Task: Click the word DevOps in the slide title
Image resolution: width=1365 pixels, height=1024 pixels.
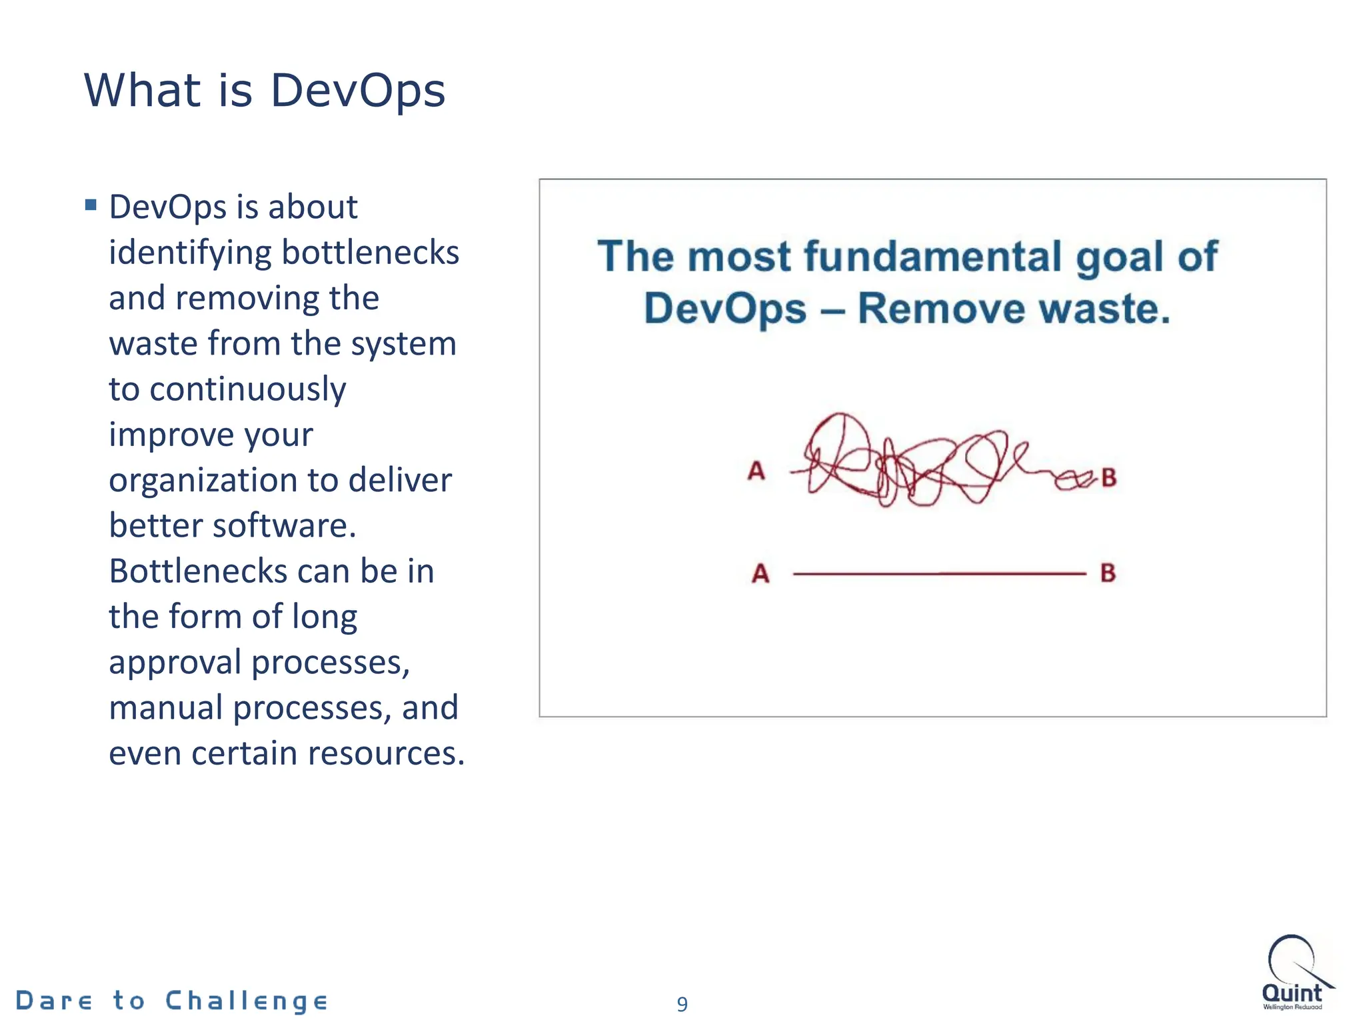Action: pos(357,91)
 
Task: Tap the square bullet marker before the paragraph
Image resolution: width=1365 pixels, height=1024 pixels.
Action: pos(91,205)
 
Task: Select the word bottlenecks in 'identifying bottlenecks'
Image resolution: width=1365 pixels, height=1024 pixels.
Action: pos(370,253)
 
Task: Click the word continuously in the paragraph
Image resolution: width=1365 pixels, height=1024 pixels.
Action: pos(247,389)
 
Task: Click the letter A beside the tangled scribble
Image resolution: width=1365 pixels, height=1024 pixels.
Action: pos(756,471)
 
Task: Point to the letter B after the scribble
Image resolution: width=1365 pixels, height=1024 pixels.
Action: pos(1108,477)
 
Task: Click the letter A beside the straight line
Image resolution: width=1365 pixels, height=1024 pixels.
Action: pos(760,573)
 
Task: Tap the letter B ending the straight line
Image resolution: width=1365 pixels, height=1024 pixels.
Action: pos(1108,573)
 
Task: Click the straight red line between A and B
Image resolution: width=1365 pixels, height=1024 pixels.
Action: pos(940,573)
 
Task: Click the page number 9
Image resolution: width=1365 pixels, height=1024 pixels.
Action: pos(682,1004)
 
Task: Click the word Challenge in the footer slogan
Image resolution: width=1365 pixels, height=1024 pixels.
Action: pos(246,1001)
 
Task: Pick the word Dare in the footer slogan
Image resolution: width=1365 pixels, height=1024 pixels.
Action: pos(53,1001)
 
